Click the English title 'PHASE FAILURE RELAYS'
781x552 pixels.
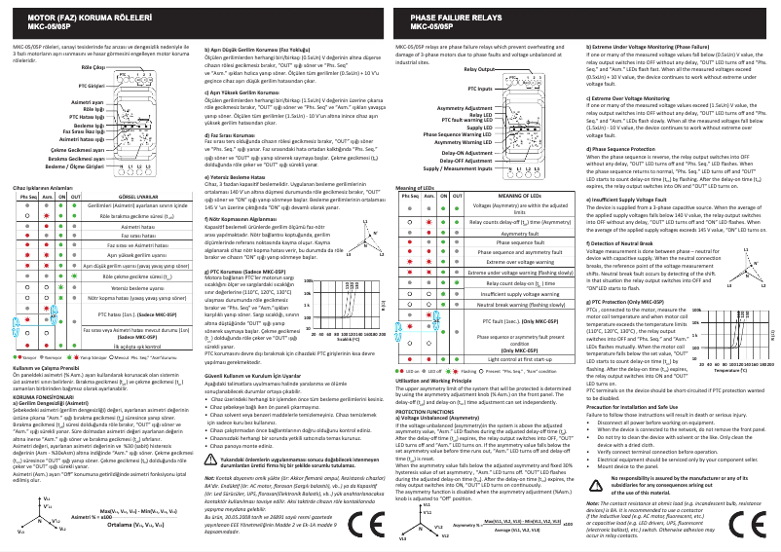coord(457,18)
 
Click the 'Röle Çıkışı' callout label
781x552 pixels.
coord(93,68)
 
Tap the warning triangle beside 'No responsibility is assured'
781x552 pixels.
coord(597,483)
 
